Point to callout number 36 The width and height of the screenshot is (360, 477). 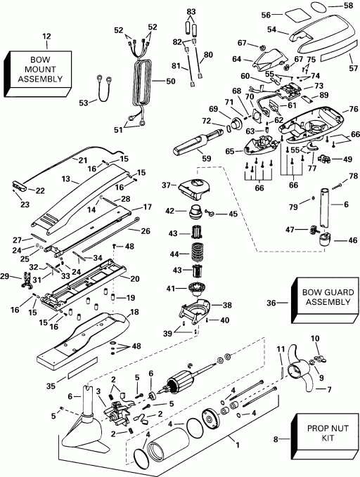pyautogui.click(x=270, y=303)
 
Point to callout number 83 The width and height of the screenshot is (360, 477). pyautogui.click(x=191, y=12)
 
